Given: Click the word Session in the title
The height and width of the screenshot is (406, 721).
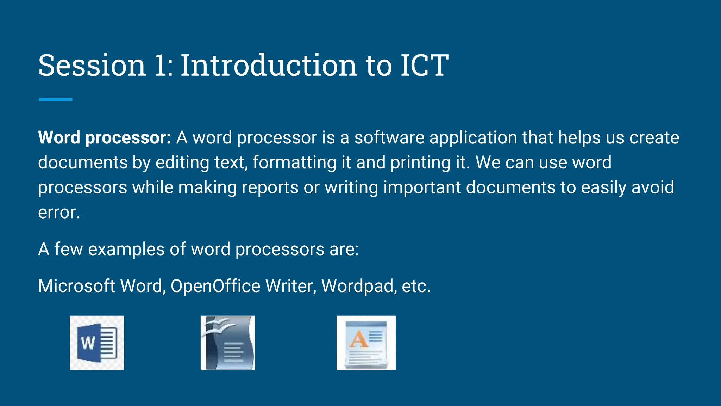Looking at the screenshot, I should pyautogui.click(x=92, y=65).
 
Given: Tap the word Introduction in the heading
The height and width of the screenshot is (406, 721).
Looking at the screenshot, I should pyautogui.click(x=269, y=65).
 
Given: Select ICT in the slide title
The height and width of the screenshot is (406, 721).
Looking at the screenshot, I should pyautogui.click(x=424, y=65).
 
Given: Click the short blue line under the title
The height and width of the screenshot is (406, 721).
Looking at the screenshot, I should pyautogui.click(x=56, y=100).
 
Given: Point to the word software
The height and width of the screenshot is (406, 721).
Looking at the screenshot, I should pyautogui.click(x=389, y=137).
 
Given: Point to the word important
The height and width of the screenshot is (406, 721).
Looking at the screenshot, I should pyautogui.click(x=422, y=188).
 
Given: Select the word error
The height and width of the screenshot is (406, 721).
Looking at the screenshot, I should pyautogui.click(x=59, y=213).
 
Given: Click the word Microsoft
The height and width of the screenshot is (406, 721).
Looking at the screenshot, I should pyautogui.click(x=76, y=286).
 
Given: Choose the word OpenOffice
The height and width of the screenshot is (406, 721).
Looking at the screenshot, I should pyautogui.click(x=215, y=286).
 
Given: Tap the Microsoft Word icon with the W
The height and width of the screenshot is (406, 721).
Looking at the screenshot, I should pyautogui.click(x=97, y=343).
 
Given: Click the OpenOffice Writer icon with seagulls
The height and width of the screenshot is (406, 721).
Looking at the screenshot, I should pyautogui.click(x=228, y=343).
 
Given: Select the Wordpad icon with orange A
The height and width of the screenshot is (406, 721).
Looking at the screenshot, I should pyautogui.click(x=366, y=343).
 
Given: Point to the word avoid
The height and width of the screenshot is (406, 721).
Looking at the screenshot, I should pyautogui.click(x=653, y=187).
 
